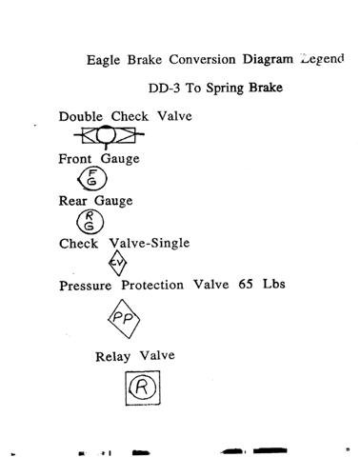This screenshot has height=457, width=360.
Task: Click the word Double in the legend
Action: pos(80,117)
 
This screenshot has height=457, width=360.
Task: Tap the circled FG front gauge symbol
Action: pos(91,178)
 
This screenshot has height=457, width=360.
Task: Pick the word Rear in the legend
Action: pos(73,201)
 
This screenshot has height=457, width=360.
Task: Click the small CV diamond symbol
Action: pos(118,264)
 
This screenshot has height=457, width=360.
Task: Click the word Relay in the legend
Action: pos(113,357)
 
